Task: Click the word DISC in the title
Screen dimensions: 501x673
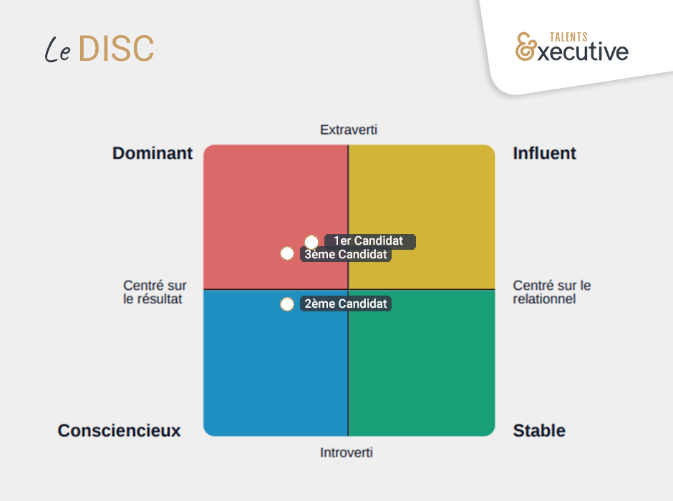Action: (116, 49)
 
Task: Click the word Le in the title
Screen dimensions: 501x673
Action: (57, 49)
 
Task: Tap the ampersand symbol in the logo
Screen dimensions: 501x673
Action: (526, 47)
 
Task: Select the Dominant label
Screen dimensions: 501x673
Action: (152, 153)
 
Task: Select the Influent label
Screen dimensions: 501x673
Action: (544, 153)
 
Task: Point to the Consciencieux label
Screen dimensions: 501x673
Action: (119, 430)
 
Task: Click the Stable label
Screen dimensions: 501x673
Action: (539, 430)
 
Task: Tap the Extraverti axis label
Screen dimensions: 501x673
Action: (348, 130)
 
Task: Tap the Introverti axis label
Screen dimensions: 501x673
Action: (347, 452)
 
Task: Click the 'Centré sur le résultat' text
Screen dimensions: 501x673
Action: (155, 292)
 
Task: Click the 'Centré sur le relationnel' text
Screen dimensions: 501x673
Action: (551, 292)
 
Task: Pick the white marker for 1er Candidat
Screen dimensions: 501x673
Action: (311, 242)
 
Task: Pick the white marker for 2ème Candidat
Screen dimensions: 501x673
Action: (287, 304)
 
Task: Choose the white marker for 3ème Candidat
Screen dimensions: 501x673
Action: (287, 253)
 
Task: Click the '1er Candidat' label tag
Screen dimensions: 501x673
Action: (369, 241)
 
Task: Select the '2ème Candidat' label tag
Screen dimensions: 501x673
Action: (346, 304)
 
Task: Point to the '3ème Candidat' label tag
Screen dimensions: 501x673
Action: (346, 254)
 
